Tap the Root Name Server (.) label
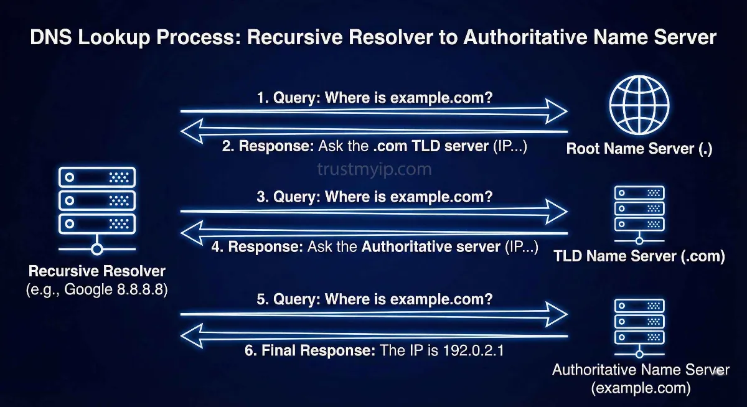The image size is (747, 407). [639, 149]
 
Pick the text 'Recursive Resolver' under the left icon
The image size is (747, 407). [97, 272]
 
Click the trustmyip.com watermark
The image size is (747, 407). [374, 169]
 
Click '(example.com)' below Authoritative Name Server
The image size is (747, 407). [641, 388]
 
